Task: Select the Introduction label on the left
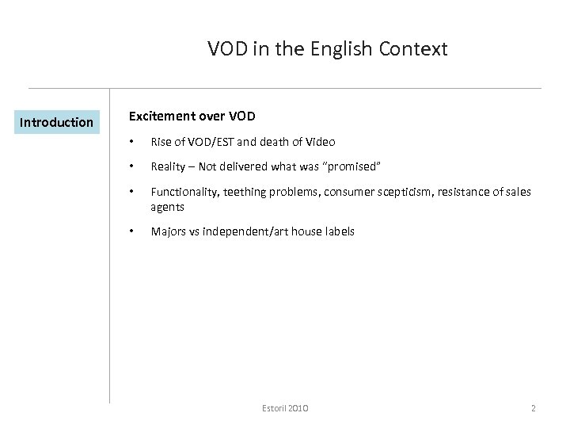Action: tap(56, 122)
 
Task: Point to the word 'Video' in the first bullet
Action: tap(318, 142)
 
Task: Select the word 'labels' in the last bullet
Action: tap(339, 231)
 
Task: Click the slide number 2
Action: tap(534, 408)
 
